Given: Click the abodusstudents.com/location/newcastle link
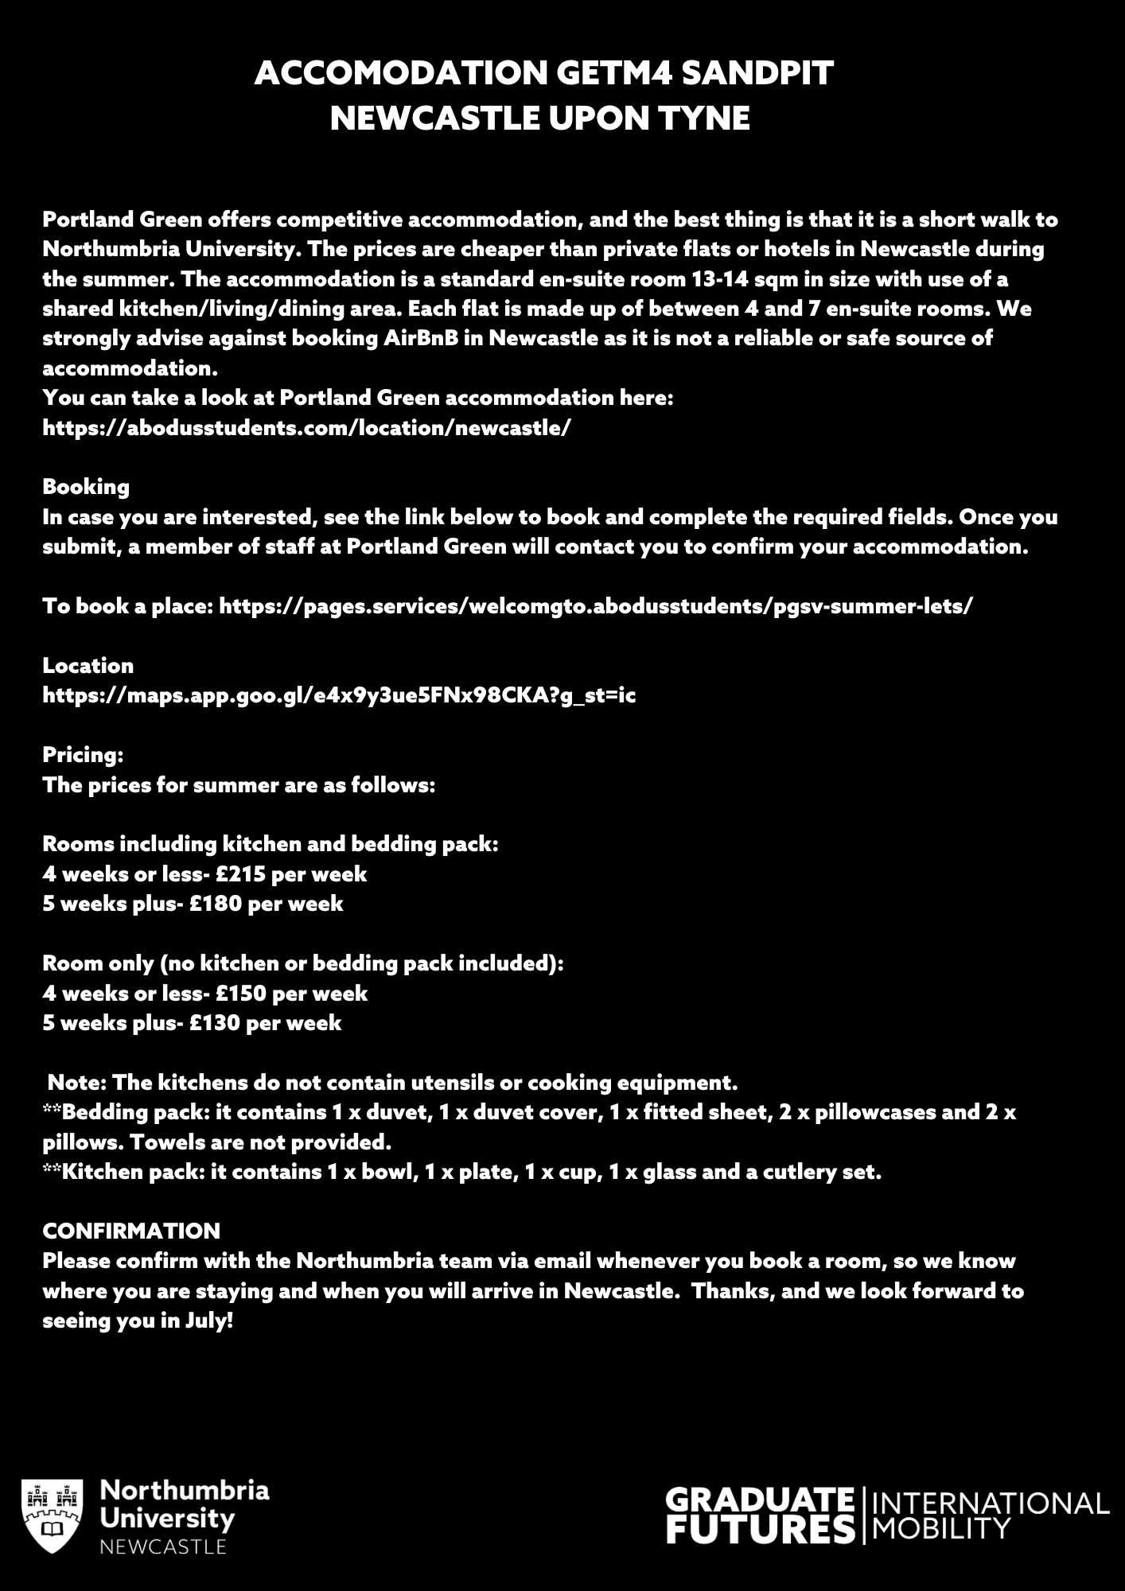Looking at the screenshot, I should click(x=306, y=428).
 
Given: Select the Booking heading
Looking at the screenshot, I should click(x=86, y=487).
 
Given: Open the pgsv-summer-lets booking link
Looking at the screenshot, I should click(x=595, y=606).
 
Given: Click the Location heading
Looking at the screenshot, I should click(x=88, y=666).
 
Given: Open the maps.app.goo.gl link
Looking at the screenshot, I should click(x=339, y=696).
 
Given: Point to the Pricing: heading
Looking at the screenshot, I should click(x=83, y=755).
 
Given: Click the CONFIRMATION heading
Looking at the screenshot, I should click(x=131, y=1231).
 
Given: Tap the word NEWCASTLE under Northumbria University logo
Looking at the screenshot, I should click(x=163, y=1546).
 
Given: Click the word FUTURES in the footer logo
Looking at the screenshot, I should click(x=760, y=1530).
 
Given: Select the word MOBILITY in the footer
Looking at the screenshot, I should click(x=941, y=1528).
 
